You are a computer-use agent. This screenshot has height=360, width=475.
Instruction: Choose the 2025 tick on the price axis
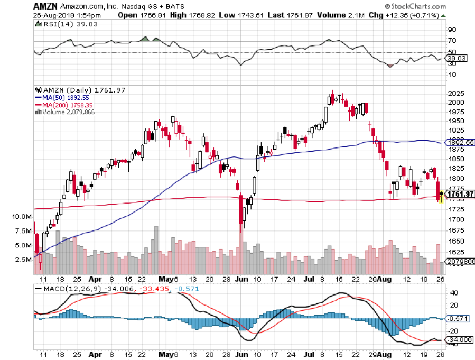coord(455,94)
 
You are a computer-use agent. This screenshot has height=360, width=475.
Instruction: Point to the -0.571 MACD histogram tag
coord(456,318)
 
